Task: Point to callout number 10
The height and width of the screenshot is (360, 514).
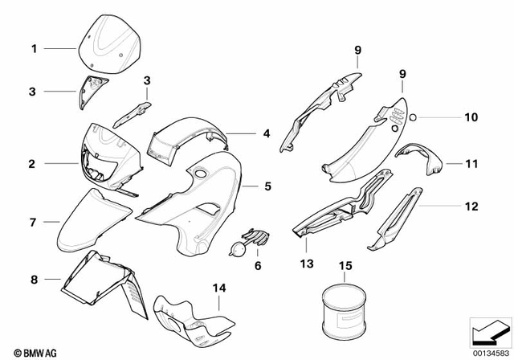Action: pos(471,117)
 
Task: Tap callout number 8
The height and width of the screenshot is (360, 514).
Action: pos(33,280)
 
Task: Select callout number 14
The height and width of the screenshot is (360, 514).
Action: pos(218,287)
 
